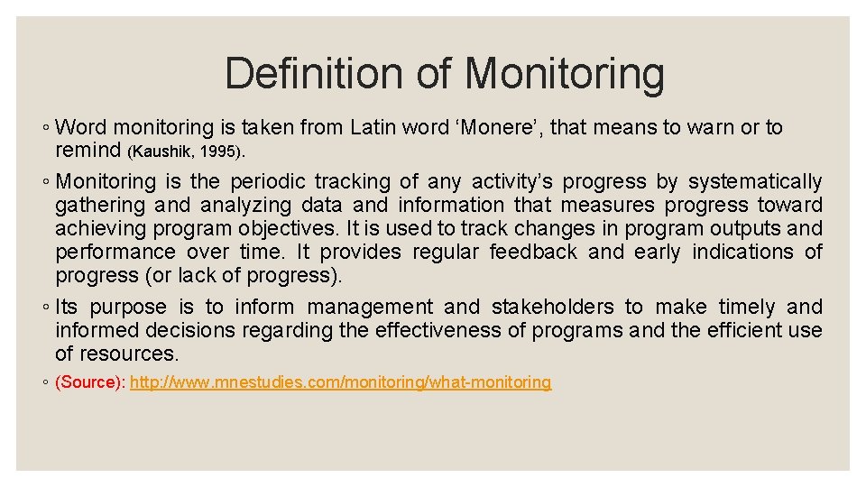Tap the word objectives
[295, 229]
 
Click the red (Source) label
[90, 382]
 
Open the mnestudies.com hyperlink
[340, 382]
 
